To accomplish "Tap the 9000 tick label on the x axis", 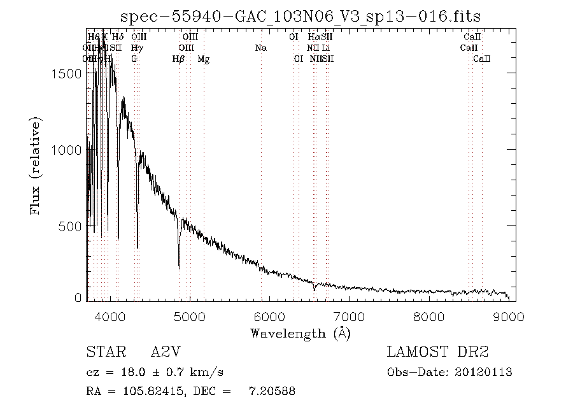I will coord(508,317).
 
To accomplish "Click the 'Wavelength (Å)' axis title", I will coord(300,333).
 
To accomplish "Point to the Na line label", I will coord(260,48).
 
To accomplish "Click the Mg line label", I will coord(204,59).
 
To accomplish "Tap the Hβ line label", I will coord(179,59).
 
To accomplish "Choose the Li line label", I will coord(325,48).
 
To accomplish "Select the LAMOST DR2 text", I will coord(437,352).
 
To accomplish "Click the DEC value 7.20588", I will coord(272,392).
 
